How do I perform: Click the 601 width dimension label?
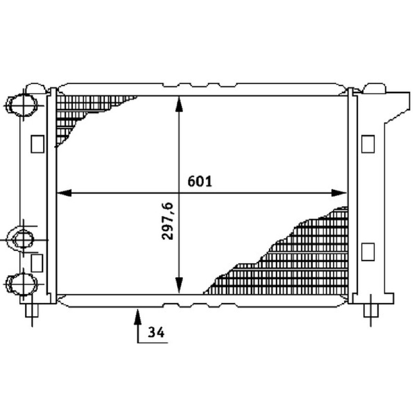pyautogui.click(x=200, y=181)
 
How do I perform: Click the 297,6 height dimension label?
pyautogui.click(x=167, y=221)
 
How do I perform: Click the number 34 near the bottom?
pyautogui.click(x=156, y=332)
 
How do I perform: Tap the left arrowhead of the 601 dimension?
pyautogui.click(x=64, y=193)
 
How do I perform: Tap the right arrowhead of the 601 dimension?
pyautogui.click(x=339, y=193)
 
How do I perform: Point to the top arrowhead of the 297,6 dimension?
pyautogui.click(x=179, y=104)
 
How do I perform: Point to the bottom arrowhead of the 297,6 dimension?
pyautogui.click(x=179, y=285)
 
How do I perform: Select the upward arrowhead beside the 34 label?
pyautogui.click(x=138, y=317)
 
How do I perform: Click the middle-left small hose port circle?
pyautogui.click(x=23, y=239)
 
